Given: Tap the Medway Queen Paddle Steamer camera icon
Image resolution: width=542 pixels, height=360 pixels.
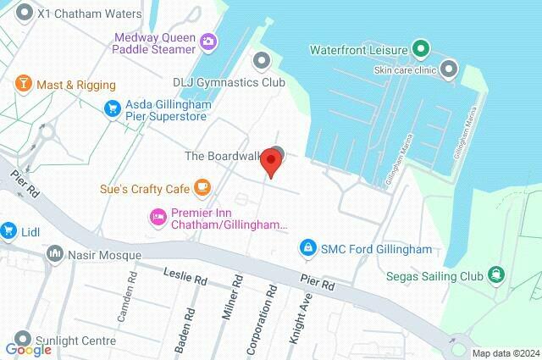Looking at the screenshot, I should [207, 41].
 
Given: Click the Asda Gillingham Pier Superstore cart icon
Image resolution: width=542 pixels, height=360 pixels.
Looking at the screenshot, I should [112, 108].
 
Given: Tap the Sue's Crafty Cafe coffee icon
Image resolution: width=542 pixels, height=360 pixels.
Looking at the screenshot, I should [202, 186].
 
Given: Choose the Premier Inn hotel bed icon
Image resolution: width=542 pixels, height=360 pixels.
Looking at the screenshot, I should [158, 218].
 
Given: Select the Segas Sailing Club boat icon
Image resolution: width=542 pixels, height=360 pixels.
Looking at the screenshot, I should [495, 275].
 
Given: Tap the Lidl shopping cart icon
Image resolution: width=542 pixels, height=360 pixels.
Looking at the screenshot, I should [9, 230].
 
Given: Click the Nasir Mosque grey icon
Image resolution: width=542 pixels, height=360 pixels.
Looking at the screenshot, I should [56, 254].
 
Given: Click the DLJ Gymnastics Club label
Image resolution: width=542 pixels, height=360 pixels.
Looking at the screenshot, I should [229, 82].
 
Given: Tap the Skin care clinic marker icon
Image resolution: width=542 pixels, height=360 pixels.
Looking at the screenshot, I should [450, 67].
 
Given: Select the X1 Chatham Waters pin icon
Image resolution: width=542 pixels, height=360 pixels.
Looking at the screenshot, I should [24, 14].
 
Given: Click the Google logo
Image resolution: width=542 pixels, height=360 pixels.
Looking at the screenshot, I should [28, 350].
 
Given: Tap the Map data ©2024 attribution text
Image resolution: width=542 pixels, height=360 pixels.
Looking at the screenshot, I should [505, 352].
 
